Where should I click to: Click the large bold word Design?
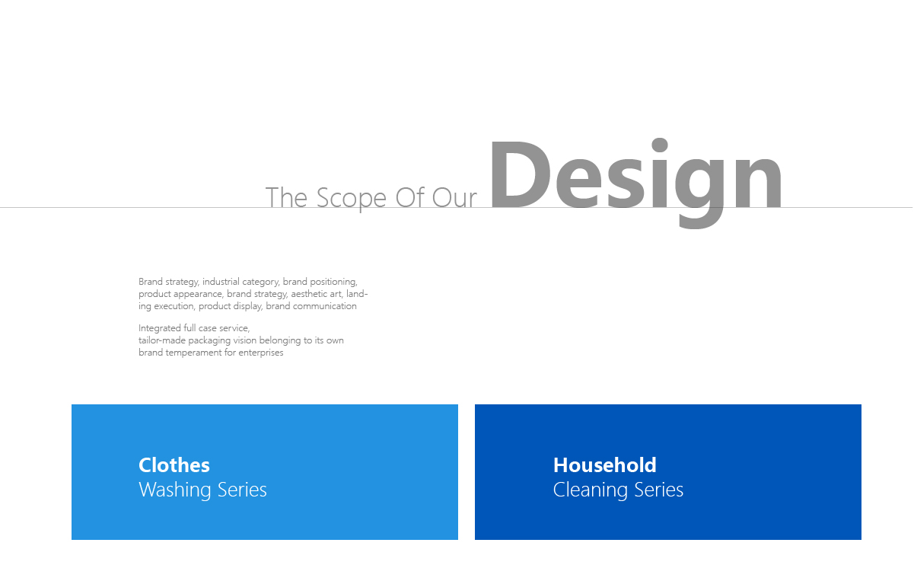point(635,183)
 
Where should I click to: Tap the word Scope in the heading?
point(352,199)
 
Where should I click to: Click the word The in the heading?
point(286,198)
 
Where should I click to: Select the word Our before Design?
point(454,198)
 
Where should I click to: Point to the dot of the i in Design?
point(660,145)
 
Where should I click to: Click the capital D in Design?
point(521,174)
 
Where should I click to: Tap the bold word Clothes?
point(174,465)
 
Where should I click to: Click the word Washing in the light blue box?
point(174,490)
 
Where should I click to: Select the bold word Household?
point(605,465)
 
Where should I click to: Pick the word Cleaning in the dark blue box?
point(590,490)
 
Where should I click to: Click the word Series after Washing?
point(242,490)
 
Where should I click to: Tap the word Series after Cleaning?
point(659,490)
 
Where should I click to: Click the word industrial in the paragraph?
point(221,282)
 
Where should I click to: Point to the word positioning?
point(333,283)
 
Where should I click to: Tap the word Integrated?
point(160,329)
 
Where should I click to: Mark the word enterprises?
point(261,353)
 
